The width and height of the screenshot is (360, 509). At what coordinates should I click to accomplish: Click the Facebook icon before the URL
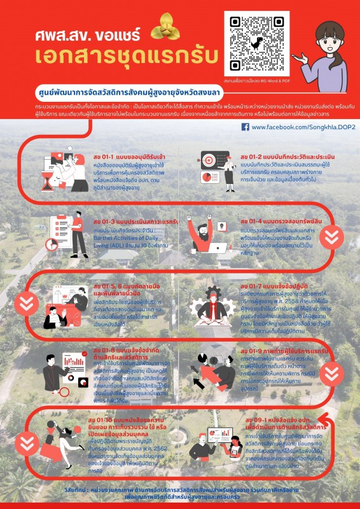pos(246,127)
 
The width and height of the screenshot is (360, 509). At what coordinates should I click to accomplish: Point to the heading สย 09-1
pos(277,412)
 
